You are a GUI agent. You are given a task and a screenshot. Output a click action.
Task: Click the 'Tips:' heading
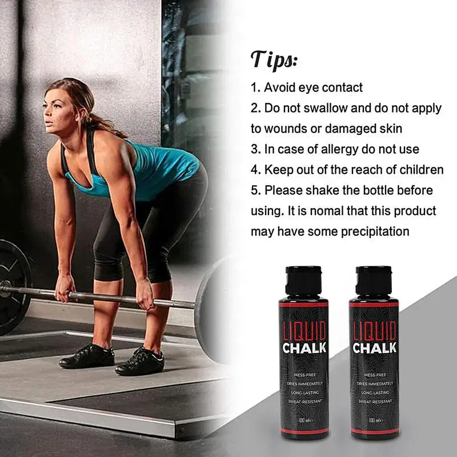(274, 59)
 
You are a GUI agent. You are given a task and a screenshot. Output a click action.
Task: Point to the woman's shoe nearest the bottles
(139, 362)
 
